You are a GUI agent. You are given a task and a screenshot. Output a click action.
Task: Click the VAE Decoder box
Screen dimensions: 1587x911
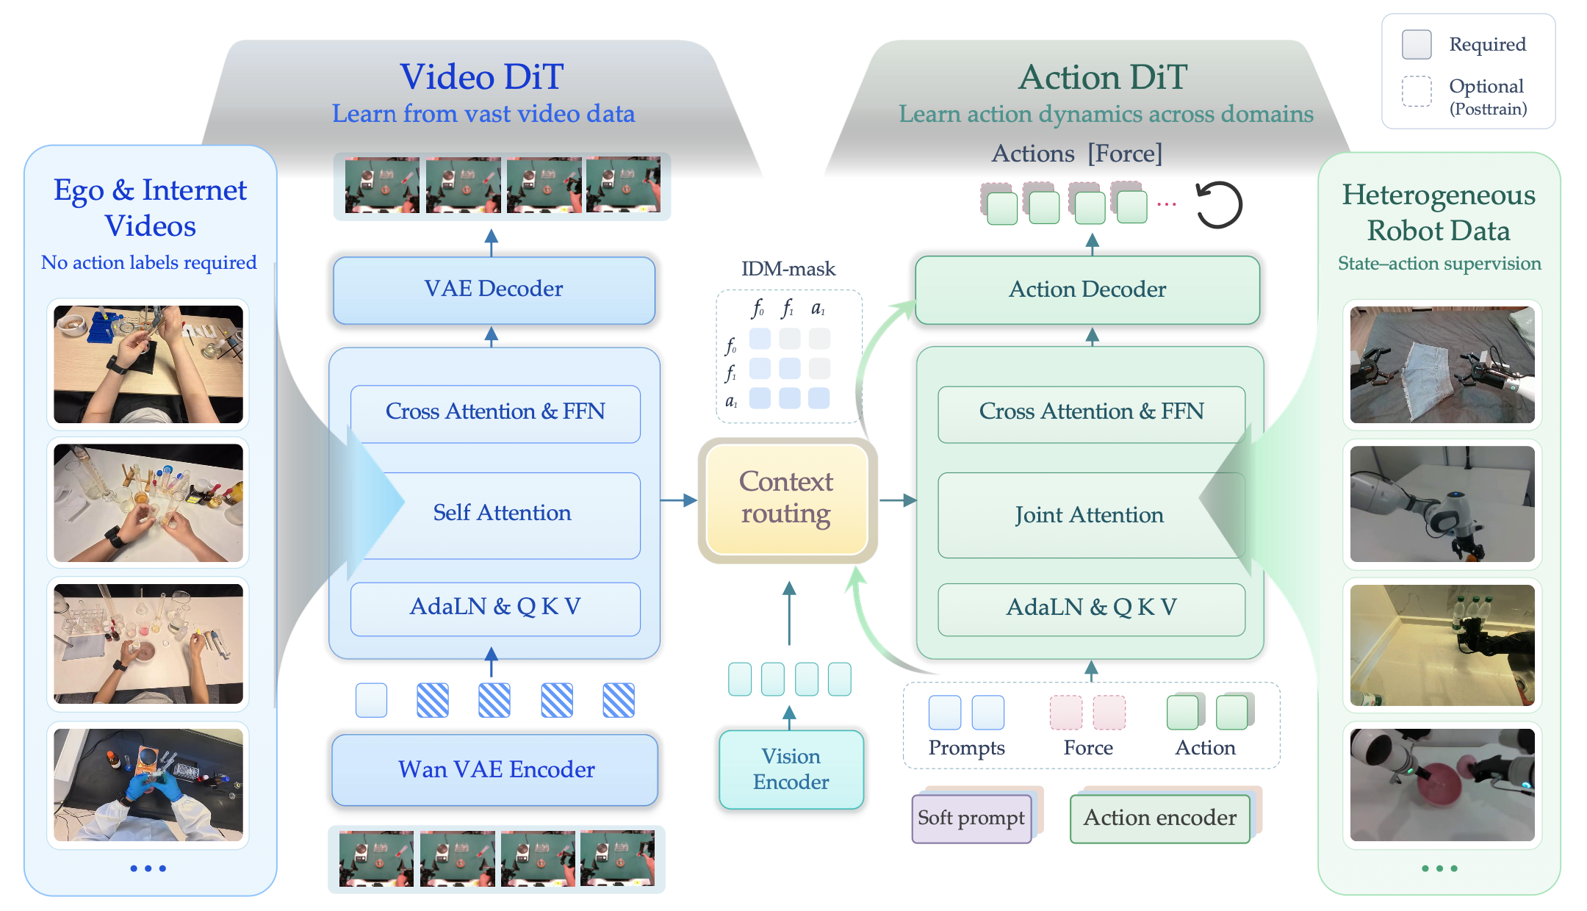pyautogui.click(x=494, y=289)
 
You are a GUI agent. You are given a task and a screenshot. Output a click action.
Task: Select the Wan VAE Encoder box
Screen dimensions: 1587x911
pyautogui.click(x=494, y=769)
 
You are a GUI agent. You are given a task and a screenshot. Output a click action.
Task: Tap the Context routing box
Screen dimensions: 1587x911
pyautogui.click(x=787, y=499)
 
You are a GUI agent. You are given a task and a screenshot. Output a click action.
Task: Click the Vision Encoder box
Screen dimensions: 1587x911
pyautogui.click(x=791, y=769)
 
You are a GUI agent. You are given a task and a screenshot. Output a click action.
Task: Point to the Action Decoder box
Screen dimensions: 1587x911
pyautogui.click(x=1087, y=289)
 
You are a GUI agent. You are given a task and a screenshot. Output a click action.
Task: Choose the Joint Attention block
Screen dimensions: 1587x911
pyautogui.click(x=1091, y=515)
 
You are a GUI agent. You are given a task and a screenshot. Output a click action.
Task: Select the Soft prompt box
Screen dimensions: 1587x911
pyautogui.click(x=971, y=818)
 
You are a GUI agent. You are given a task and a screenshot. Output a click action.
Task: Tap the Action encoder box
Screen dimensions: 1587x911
pyautogui.click(x=1160, y=818)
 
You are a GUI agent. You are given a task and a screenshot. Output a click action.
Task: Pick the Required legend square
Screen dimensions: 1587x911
pyautogui.click(x=1417, y=45)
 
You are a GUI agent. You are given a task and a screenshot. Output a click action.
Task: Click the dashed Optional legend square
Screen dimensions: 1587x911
pyautogui.click(x=1417, y=92)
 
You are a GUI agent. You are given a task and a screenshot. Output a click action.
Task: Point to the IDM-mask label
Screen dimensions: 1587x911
pyautogui.click(x=788, y=269)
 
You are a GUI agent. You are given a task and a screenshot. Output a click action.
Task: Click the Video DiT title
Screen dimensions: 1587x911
pyautogui.click(x=482, y=77)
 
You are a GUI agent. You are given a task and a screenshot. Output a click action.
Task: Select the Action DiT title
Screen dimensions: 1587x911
pyautogui.click(x=1103, y=77)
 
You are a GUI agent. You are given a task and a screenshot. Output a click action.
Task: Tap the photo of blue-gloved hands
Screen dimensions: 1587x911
pyautogui.click(x=148, y=785)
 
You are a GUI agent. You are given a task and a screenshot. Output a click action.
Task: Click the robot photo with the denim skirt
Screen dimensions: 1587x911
pyautogui.click(x=1442, y=364)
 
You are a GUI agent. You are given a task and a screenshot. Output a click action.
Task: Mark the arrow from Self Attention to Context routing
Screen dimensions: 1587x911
pyautogui.click(x=679, y=500)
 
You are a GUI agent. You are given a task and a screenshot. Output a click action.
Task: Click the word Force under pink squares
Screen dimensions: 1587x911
pyautogui.click(x=1088, y=748)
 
